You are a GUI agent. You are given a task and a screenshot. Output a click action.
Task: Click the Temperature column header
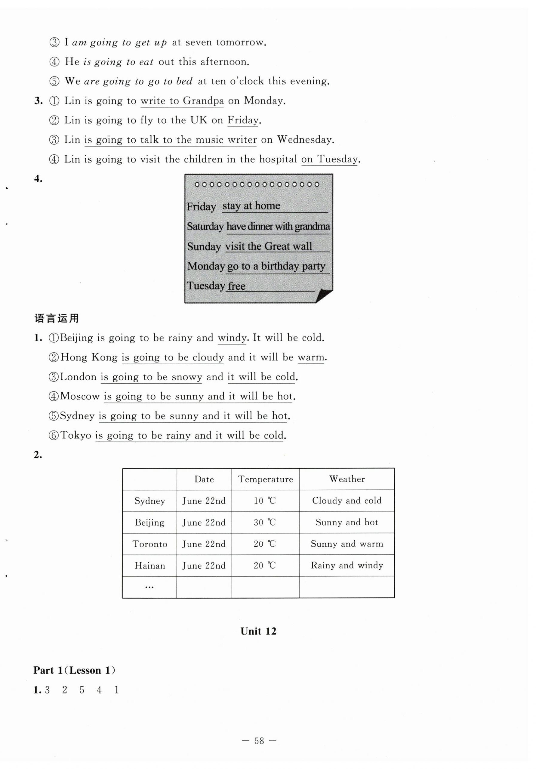tap(265, 479)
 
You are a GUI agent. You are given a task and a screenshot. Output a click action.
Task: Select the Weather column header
tap(347, 479)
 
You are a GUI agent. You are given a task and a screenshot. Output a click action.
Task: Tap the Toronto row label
tap(150, 544)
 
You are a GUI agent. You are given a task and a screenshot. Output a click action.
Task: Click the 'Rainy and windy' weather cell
tap(347, 565)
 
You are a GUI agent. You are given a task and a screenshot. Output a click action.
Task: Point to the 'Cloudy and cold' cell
tap(347, 501)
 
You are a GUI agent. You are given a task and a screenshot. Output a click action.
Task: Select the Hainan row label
tap(150, 566)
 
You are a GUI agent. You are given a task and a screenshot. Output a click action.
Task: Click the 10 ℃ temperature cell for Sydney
tap(264, 501)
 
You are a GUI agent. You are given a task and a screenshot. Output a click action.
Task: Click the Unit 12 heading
tap(258, 631)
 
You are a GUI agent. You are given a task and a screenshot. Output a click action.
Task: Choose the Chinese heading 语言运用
tap(56, 318)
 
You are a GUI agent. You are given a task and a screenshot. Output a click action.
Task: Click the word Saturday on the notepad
tap(205, 227)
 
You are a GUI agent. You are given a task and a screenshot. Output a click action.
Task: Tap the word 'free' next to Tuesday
tap(236, 286)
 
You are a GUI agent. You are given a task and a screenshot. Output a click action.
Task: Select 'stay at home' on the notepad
tap(251, 206)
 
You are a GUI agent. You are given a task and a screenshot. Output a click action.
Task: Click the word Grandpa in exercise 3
tap(203, 101)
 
